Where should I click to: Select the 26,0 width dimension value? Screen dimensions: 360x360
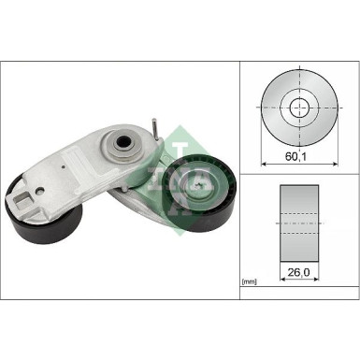coord(298,274)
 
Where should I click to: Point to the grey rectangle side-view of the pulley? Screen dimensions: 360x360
coord(298,224)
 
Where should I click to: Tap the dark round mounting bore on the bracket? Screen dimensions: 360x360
coord(120,144)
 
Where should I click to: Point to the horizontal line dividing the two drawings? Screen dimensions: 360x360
coord(298,172)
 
